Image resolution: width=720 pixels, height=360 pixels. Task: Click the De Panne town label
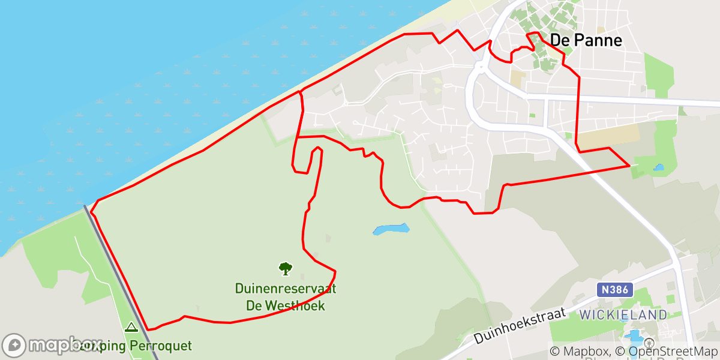click(x=586, y=40)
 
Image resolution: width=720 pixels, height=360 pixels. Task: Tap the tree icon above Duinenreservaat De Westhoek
click(x=286, y=268)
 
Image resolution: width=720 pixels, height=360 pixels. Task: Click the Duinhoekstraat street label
click(x=520, y=325)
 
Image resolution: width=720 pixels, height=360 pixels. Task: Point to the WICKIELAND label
click(x=623, y=315)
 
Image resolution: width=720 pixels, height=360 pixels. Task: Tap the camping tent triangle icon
click(x=131, y=328)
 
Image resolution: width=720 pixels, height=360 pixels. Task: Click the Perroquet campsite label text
click(x=156, y=346)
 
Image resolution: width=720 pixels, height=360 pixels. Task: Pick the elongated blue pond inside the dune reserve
click(x=391, y=229)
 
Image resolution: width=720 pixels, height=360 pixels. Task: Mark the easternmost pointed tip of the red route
click(x=629, y=166)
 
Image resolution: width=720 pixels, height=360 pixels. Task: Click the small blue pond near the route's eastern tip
click(x=659, y=168)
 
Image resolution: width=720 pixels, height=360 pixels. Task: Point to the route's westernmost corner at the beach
click(x=91, y=212)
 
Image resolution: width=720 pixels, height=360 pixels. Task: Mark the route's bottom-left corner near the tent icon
click(x=148, y=329)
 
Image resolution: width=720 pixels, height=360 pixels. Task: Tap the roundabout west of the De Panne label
click(x=479, y=65)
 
